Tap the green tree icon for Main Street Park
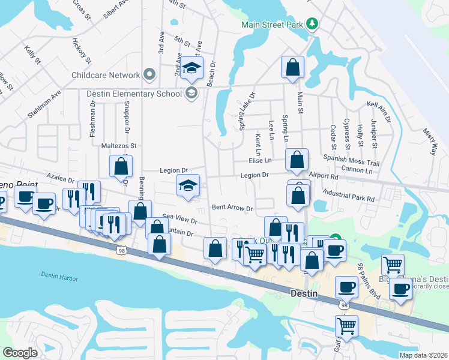pos(312,24)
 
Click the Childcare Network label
pos(105,75)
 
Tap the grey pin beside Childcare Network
pos(149,75)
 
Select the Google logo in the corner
pos(20,353)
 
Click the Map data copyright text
pos(423,355)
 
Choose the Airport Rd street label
pos(325,177)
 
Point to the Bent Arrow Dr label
pos(232,208)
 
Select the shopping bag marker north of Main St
pos(293,68)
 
